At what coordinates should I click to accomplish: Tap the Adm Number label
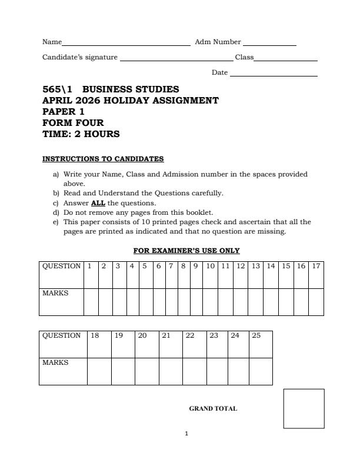[x=218, y=42]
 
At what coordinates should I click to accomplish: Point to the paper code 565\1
[x=57, y=89]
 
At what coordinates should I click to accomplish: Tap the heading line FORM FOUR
[x=73, y=123]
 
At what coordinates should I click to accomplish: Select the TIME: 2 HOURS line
[x=81, y=134]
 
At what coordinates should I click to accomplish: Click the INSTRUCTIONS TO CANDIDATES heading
[x=103, y=159]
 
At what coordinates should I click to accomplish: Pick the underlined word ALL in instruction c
[x=98, y=204]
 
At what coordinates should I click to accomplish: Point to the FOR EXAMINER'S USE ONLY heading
[x=186, y=251]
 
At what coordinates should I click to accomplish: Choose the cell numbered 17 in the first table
[x=316, y=266]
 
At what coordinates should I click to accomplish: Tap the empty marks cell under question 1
[x=91, y=302]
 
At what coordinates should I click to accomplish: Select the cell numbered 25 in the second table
[x=261, y=336]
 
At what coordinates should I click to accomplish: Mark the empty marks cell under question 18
[x=99, y=371]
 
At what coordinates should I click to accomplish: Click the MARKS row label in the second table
[x=55, y=363]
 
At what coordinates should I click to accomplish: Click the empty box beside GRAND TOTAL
[x=304, y=408]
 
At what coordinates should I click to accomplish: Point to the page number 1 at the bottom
[x=186, y=434]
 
